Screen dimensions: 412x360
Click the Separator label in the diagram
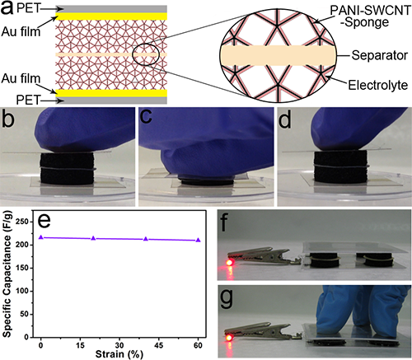(x=379, y=55)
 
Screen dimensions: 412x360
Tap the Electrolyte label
(x=378, y=85)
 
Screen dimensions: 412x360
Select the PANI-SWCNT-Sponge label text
(x=370, y=16)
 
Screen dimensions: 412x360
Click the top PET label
(x=28, y=9)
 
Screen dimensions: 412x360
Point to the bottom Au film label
(x=21, y=79)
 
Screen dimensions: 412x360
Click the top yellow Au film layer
(x=111, y=16)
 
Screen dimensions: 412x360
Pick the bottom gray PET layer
(x=111, y=101)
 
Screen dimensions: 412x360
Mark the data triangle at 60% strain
(x=198, y=240)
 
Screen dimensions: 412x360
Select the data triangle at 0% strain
(x=41, y=237)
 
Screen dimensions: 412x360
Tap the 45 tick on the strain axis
(x=159, y=345)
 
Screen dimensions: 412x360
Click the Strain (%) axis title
(x=119, y=354)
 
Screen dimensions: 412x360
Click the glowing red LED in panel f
(x=229, y=263)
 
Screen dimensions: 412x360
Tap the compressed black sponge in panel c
(x=206, y=181)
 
